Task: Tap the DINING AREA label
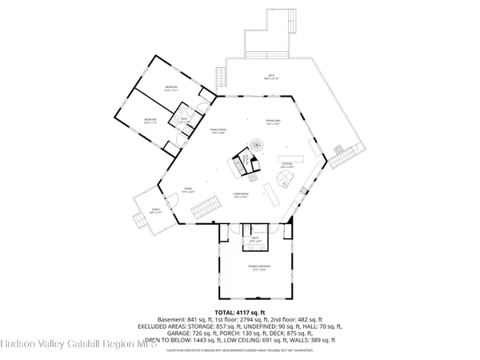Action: pos(272,122)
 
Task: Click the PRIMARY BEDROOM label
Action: pos(258,267)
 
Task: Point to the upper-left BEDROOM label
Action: pos(171,86)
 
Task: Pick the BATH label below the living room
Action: pos(256,238)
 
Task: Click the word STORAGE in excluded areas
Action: pos(210,325)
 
